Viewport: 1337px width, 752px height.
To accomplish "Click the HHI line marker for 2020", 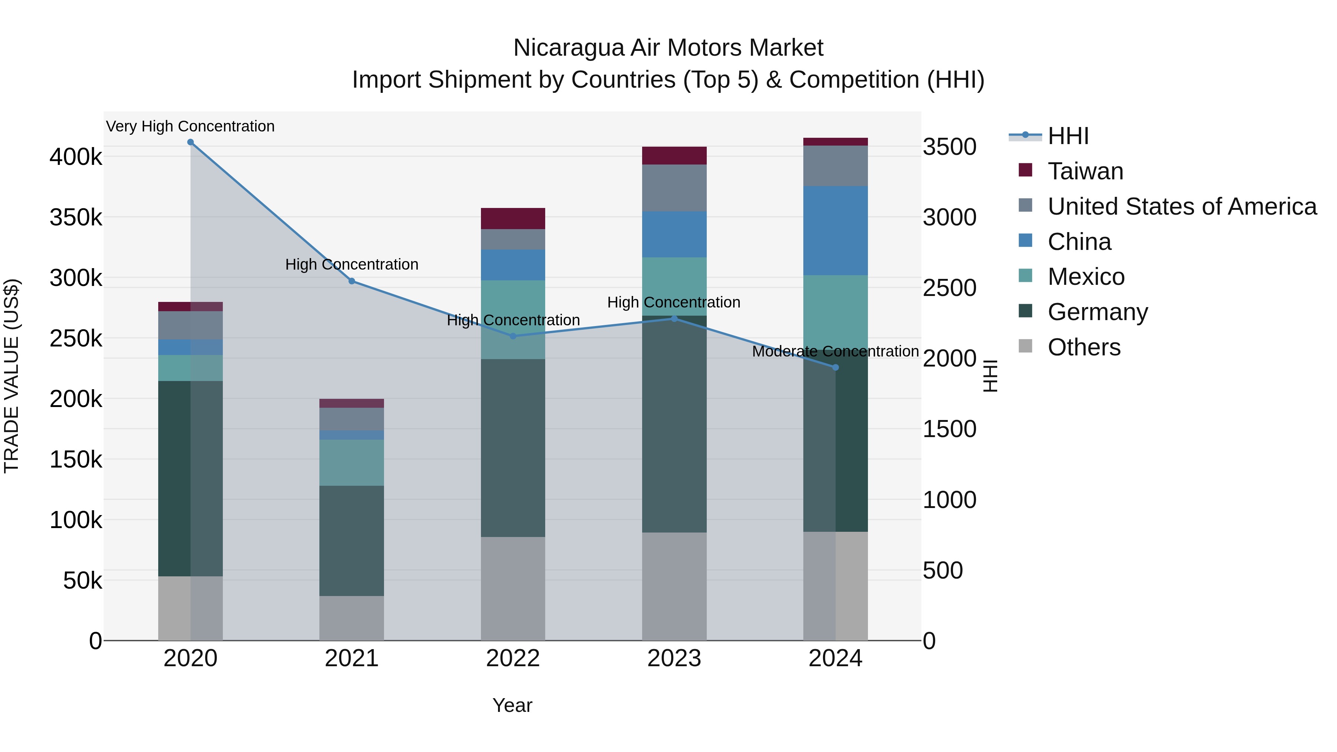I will pyautogui.click(x=191, y=142).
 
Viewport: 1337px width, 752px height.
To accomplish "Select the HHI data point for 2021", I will pyautogui.click(x=351, y=281).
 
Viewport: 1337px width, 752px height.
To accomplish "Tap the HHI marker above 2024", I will pyautogui.click(x=835, y=367).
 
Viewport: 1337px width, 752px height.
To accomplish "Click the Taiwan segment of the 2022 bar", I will pyautogui.click(x=513, y=218).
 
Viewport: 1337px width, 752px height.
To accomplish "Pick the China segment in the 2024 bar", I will pyautogui.click(x=835, y=230).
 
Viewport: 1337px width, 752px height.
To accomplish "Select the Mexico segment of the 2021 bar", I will pyautogui.click(x=351, y=462).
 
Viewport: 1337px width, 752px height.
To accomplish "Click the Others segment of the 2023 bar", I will pyautogui.click(x=674, y=586).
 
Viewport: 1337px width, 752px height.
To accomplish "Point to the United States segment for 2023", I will pyautogui.click(x=674, y=188).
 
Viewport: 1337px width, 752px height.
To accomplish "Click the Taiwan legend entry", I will pyautogui.click(x=1085, y=171).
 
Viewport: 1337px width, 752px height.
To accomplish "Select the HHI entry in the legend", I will pyautogui.click(x=1068, y=136).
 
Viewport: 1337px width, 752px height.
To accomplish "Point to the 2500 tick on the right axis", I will pyautogui.click(x=949, y=288).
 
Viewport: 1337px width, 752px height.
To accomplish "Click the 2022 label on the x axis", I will pyautogui.click(x=513, y=658).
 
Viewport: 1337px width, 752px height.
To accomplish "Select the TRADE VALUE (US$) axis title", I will pyautogui.click(x=12, y=376).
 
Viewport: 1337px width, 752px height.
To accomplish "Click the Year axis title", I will pyautogui.click(x=512, y=705).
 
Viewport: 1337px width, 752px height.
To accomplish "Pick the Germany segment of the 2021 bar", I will pyautogui.click(x=351, y=540).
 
